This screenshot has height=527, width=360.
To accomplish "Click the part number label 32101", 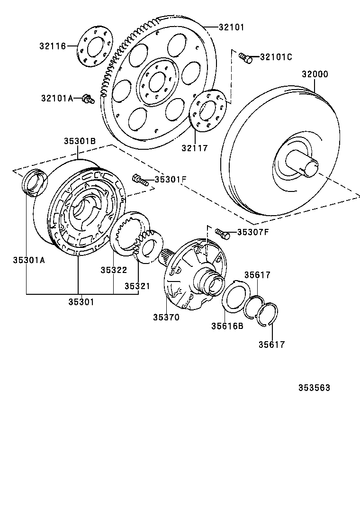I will click(231, 27).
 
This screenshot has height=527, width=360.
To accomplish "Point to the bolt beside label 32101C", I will click(245, 57).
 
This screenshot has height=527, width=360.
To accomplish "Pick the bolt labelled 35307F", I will click(222, 233).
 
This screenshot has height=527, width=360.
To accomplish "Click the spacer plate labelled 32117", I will click(208, 112).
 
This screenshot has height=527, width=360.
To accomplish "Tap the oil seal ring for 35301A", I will click(35, 182).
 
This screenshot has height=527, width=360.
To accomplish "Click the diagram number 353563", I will click(314, 388).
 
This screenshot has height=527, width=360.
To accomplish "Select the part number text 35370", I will click(166, 318).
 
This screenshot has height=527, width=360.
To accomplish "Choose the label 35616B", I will click(227, 326).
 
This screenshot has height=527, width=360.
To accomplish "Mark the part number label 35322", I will click(114, 270).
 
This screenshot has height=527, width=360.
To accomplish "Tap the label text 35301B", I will click(80, 141).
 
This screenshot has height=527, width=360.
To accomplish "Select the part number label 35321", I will click(137, 286).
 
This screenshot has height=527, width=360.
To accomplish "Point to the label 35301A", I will click(28, 260).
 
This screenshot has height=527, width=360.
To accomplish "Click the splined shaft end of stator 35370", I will click(168, 258).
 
